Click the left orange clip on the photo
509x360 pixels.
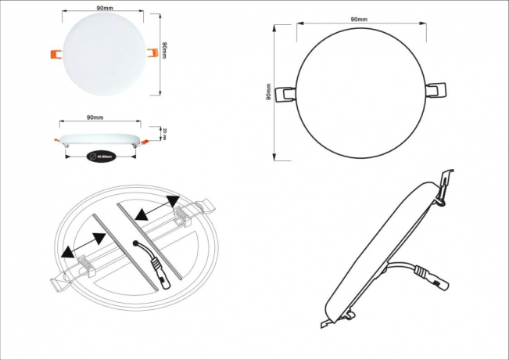(x=55, y=53)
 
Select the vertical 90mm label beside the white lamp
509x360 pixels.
(x=166, y=50)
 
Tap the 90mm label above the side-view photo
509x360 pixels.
(x=94, y=117)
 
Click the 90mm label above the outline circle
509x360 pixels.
(x=359, y=18)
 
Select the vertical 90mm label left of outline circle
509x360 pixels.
(x=268, y=93)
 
